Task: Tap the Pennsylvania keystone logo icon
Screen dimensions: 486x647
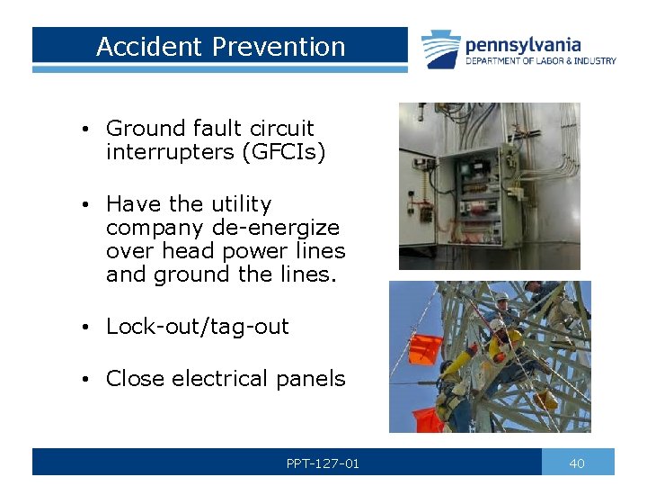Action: [441, 49]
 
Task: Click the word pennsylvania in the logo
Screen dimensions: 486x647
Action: [523, 44]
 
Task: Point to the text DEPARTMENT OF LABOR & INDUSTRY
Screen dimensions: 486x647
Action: [540, 61]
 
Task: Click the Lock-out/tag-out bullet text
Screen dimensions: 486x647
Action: [197, 327]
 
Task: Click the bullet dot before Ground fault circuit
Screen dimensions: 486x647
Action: [82, 129]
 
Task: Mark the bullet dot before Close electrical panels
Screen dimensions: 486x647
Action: [82, 379]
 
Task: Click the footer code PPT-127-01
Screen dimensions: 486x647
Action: [323, 463]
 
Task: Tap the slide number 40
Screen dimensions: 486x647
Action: [577, 463]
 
